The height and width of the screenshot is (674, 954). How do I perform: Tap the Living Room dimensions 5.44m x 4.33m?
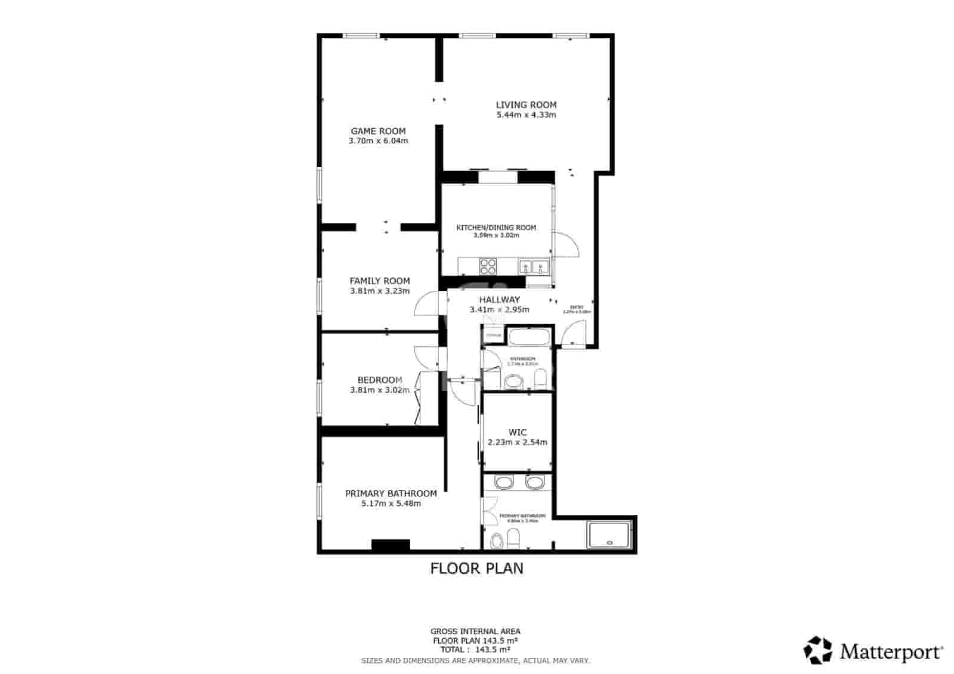(526, 115)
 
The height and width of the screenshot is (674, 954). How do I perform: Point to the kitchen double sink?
(533, 266)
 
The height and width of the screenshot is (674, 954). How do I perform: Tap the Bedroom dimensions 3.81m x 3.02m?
(380, 390)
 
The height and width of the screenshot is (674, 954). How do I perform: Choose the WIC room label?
(517, 432)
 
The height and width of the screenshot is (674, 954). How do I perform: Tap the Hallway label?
(500, 300)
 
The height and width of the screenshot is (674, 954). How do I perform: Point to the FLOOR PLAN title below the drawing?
(476, 569)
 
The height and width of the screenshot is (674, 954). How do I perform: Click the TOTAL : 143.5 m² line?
(475, 650)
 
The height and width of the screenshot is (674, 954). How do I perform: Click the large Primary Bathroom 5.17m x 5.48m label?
(391, 498)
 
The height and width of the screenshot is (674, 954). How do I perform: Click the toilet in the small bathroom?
(540, 378)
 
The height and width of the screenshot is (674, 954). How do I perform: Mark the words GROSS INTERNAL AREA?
(475, 631)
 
